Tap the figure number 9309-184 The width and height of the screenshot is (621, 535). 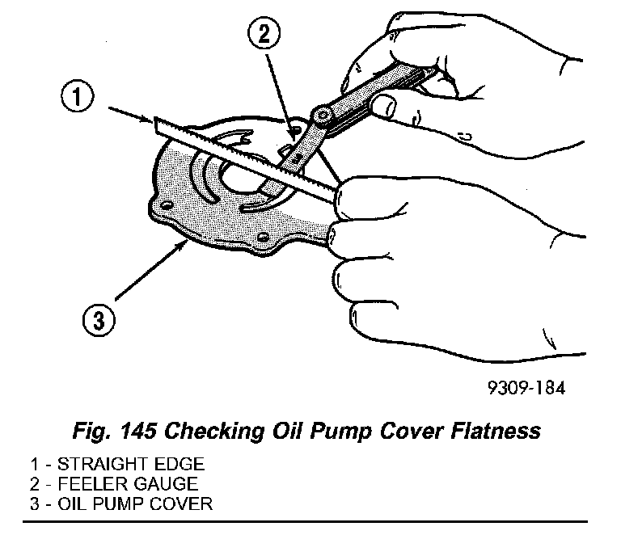pyautogui.click(x=521, y=387)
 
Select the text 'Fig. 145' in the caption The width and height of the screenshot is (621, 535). pyautogui.click(x=115, y=431)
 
